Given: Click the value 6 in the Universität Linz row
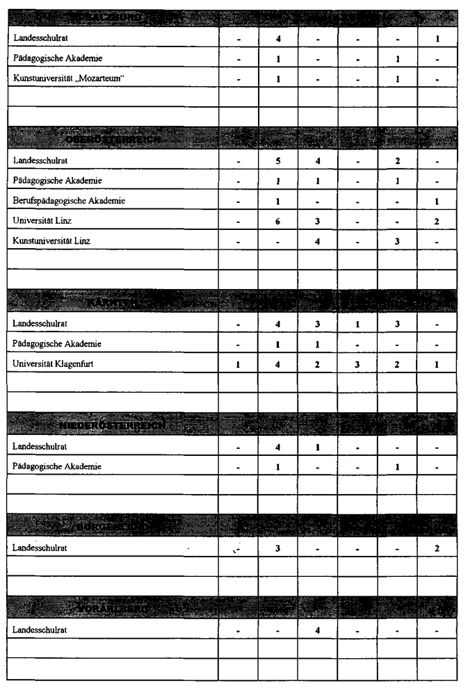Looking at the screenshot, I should click(278, 220).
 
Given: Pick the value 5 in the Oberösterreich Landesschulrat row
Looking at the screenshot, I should click(278, 161).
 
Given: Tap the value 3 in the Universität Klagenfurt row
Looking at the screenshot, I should click(357, 363).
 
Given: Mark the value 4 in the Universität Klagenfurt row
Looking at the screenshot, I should click(278, 363).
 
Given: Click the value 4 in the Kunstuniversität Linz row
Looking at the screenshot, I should click(318, 240).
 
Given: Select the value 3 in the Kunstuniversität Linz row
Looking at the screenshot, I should click(397, 240).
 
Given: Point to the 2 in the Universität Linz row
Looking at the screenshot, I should click(437, 220).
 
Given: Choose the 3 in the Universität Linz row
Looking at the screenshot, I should click(318, 220).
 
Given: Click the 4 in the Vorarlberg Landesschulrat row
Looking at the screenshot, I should click(318, 630).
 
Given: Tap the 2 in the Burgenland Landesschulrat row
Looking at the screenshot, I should click(437, 548).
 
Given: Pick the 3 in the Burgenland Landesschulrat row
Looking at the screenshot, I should click(278, 548).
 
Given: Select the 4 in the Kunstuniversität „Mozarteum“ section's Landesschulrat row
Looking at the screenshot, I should click(278, 38).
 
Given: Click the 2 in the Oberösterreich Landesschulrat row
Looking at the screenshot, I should click(397, 161).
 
